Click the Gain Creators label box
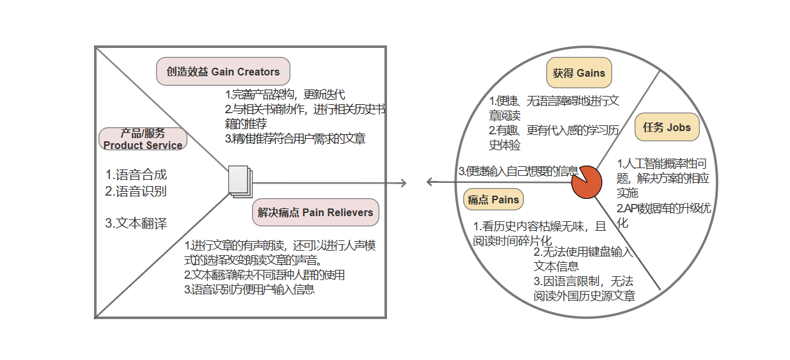[x=223, y=72]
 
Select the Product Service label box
[x=143, y=139]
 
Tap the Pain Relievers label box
[x=315, y=212]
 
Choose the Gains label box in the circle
[x=579, y=73]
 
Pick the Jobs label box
[x=667, y=127]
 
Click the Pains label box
[x=493, y=200]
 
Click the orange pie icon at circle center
[x=583, y=182]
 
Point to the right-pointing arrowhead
[x=403, y=184]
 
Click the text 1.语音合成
[x=136, y=175]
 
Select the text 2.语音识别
[x=136, y=191]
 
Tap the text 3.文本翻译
[x=136, y=223]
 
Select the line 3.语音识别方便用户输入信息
[x=249, y=289]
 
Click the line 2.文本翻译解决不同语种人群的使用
[x=264, y=275]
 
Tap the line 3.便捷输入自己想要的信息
[x=518, y=171]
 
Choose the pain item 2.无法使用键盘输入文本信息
[x=583, y=259]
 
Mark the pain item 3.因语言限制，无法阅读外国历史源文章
[x=584, y=288]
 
